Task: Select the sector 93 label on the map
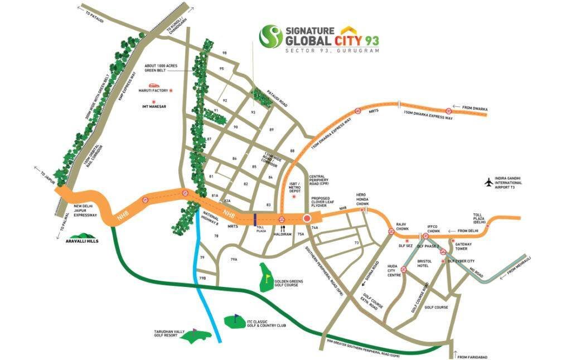[253, 112]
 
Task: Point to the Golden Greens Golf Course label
[288, 285]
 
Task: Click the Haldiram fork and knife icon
[282, 228]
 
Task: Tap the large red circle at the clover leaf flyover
[306, 218]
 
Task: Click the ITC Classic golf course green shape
[233, 322]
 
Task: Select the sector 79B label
[202, 278]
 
